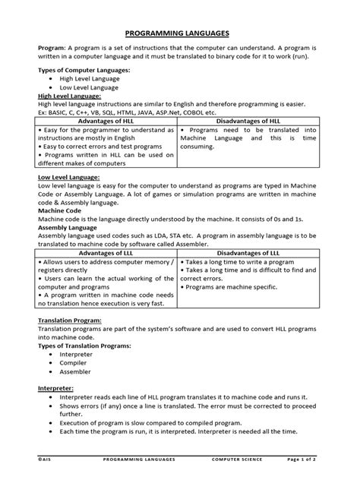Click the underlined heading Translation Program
(71, 321)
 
